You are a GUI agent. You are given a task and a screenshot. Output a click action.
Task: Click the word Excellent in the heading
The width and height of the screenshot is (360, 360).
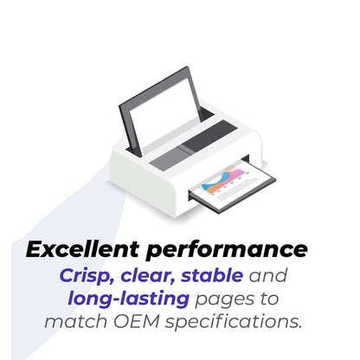point(83,249)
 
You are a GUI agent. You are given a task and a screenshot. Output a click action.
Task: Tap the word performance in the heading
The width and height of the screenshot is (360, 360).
point(227,250)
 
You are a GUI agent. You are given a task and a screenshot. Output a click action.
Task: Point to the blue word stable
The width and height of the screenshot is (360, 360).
point(212,275)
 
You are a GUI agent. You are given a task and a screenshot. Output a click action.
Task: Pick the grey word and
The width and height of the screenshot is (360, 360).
point(268,275)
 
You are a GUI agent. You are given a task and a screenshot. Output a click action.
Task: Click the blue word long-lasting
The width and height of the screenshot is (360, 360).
point(129,299)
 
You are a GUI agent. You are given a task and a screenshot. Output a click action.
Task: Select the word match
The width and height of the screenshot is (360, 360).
point(76,321)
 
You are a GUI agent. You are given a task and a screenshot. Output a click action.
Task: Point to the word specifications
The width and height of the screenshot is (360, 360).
point(234,322)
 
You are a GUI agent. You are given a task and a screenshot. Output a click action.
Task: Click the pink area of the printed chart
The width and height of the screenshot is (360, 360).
point(237,173)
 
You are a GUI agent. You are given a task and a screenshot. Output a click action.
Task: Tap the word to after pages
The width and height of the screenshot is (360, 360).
point(269,299)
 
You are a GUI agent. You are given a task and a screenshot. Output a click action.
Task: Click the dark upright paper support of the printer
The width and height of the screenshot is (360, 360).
point(159,111)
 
